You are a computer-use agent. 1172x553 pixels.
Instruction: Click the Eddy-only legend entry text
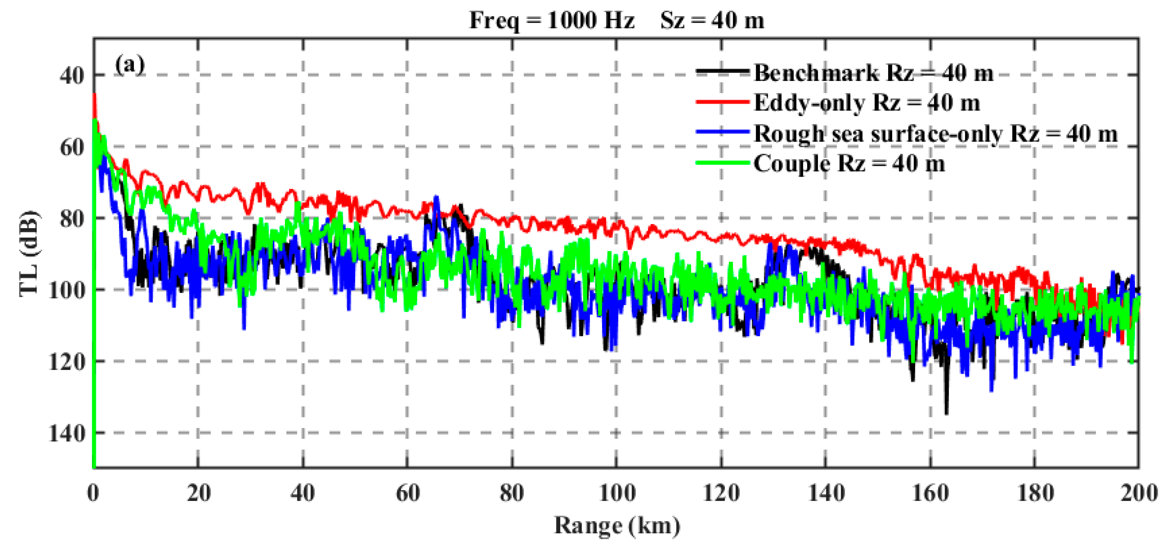867,103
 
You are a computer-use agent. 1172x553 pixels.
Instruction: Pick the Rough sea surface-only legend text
935,133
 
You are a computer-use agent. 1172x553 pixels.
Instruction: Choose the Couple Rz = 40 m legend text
849,164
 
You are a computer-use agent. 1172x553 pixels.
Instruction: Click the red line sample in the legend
723,102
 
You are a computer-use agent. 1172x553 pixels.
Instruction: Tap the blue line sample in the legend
723,132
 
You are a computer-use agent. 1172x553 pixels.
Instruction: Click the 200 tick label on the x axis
1139,493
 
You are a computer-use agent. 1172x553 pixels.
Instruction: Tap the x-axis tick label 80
512,493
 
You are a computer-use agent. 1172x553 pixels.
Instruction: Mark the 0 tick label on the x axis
93,493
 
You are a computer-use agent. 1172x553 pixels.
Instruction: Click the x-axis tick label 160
930,493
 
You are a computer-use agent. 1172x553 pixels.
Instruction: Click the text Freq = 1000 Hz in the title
552,21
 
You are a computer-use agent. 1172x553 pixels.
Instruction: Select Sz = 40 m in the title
712,21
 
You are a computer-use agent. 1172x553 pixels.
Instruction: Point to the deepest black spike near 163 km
946,412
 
